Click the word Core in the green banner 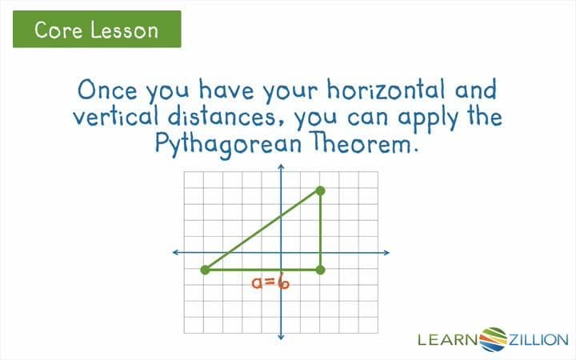point(58,31)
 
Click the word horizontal point(374,88)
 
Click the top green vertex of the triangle point(320,190)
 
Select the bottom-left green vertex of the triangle point(205,270)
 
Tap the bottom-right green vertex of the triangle point(320,270)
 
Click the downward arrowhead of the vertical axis point(282,338)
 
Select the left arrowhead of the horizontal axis point(176,253)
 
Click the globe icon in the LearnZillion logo point(493,338)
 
